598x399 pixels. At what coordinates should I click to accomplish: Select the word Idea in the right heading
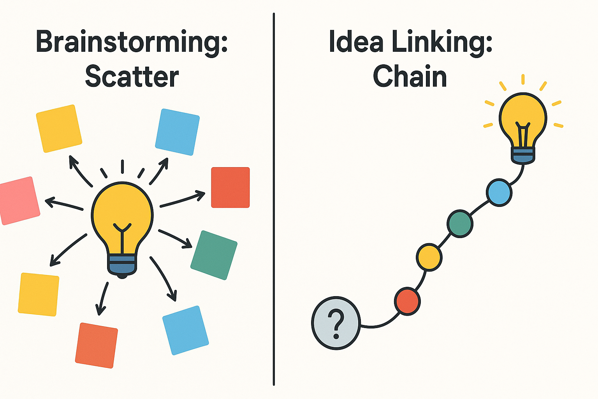tap(356, 41)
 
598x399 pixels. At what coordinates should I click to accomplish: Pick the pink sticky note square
tap(19, 200)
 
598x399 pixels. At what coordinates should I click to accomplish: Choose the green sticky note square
tap(214, 255)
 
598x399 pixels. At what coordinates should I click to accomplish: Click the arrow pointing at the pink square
tap(64, 204)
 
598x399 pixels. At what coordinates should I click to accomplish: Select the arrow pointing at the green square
tap(176, 238)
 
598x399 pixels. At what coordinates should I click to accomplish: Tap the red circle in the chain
tap(407, 302)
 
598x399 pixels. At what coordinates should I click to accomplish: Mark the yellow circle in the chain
tap(429, 257)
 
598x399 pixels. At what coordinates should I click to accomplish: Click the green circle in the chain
tap(460, 224)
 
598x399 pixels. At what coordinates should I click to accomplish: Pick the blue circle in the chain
tap(499, 192)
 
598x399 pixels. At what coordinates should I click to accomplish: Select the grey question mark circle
tap(336, 323)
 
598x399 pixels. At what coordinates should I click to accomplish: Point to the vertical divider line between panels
tap(274, 199)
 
